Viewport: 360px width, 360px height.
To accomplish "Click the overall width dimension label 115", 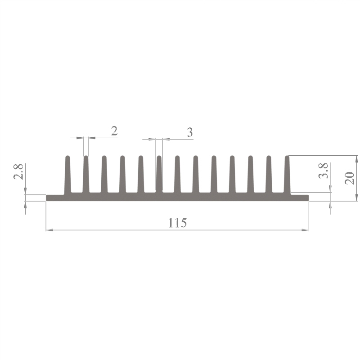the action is coord(177,223).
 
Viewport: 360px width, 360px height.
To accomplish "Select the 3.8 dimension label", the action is coord(323,171).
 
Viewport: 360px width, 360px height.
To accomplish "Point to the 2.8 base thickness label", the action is coord(18,172).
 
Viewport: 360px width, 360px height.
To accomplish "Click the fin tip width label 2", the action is coord(114,131).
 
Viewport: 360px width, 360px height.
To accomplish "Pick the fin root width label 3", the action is coord(189,132).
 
